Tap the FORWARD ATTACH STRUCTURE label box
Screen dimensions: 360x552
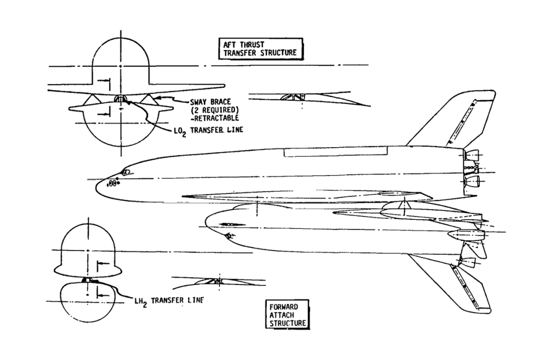[288, 315]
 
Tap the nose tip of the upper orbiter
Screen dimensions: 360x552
[97, 186]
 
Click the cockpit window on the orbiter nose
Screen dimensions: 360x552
[126, 172]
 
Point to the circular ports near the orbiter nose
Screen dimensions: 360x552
[112, 184]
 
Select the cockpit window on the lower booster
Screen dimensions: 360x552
[229, 236]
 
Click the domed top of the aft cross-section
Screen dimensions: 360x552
[119, 54]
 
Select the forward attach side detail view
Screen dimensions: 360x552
[215, 281]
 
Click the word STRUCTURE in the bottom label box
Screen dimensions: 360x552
[288, 323]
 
